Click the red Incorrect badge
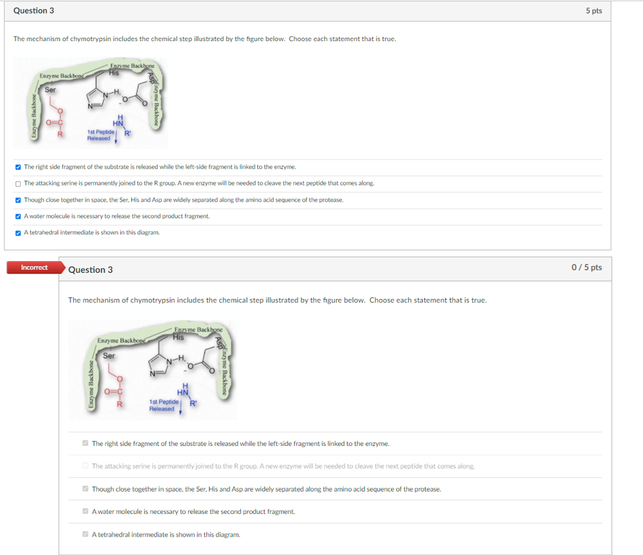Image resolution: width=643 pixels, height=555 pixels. [34, 268]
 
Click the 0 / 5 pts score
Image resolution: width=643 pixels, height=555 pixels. [586, 268]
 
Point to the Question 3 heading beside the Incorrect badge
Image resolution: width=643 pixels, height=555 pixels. [90, 270]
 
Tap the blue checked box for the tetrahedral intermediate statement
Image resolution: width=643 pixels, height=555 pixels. [18, 232]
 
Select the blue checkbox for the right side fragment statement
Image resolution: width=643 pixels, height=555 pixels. [18, 167]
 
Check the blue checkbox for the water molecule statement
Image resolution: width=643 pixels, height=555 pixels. [18, 216]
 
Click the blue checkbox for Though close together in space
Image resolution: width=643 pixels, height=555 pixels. [18, 200]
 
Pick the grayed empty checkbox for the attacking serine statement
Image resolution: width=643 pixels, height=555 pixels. [86, 466]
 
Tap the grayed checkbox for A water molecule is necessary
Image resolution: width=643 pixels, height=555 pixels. [86, 512]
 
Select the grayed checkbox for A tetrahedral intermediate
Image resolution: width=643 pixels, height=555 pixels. [86, 535]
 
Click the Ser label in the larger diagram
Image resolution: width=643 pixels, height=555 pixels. [109, 356]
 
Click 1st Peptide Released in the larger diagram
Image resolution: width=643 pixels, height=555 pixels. [162, 405]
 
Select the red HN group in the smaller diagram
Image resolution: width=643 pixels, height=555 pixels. [118, 121]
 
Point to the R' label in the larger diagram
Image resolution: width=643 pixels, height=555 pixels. [193, 402]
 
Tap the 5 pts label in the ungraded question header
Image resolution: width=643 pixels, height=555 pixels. [593, 11]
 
